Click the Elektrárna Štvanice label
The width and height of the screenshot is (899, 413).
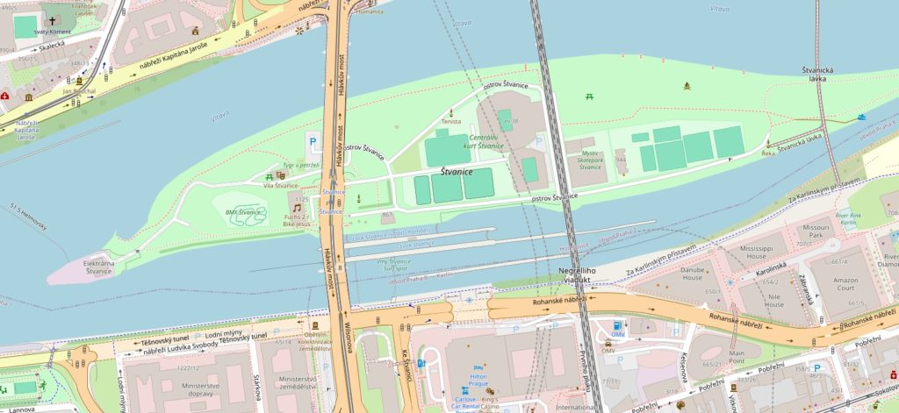point(85,267)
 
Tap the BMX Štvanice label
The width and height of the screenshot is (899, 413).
point(243,212)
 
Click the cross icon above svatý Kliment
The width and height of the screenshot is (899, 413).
point(52,19)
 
